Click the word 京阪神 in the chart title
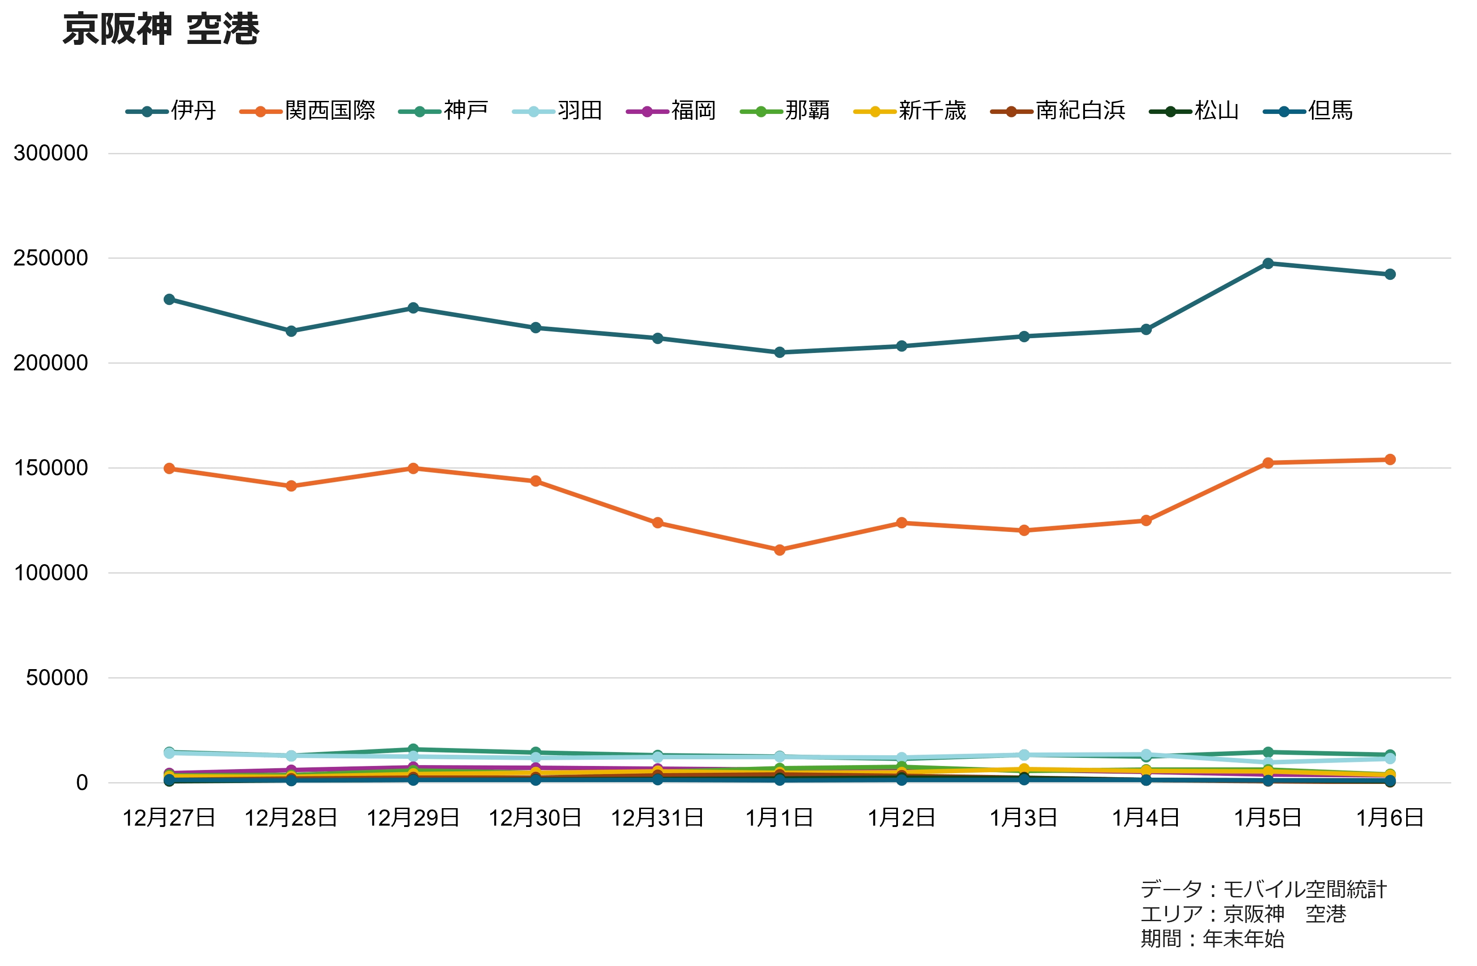coord(117,29)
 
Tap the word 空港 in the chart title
coord(222,29)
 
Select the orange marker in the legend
coord(261,112)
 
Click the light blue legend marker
coord(533,112)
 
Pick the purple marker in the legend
coord(647,112)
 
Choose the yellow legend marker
coord(875,112)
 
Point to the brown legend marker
coord(1011,112)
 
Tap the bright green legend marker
coord(762,112)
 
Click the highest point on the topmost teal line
coord(1268,264)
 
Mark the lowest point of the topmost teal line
coord(780,352)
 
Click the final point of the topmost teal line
coord(1390,274)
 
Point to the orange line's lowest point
coord(780,550)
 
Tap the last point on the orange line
coord(1390,459)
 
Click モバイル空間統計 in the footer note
coord(1304,889)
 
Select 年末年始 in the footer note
coord(1244,939)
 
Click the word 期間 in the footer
coord(1160,939)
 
